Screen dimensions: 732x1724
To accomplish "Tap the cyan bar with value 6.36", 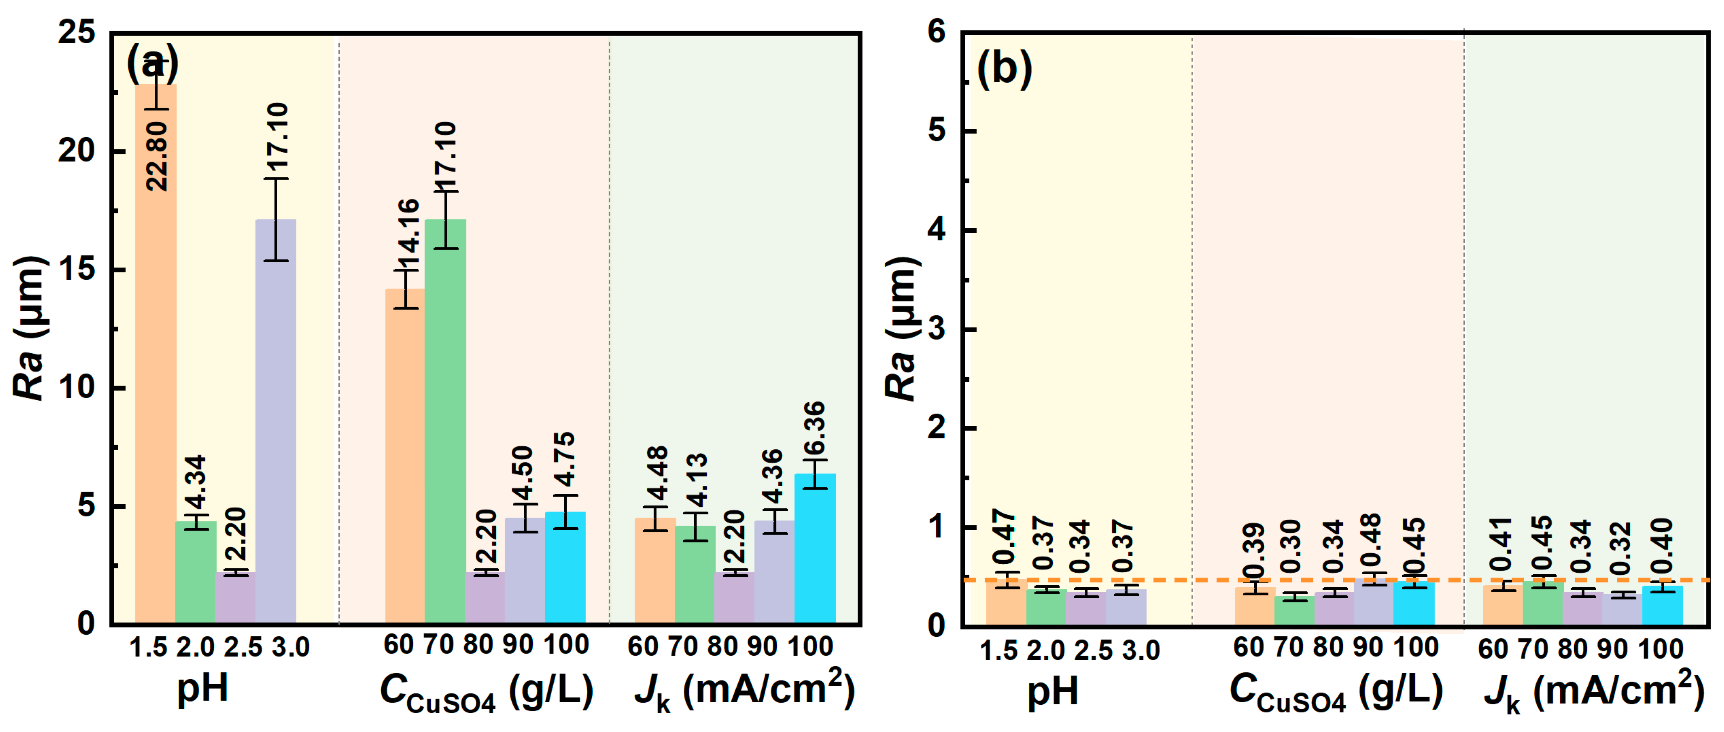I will point(815,549).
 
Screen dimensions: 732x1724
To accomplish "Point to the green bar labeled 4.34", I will point(195,572).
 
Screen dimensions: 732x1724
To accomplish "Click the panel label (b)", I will point(1004,69).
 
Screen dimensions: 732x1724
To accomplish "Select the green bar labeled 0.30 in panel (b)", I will point(1294,610).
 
